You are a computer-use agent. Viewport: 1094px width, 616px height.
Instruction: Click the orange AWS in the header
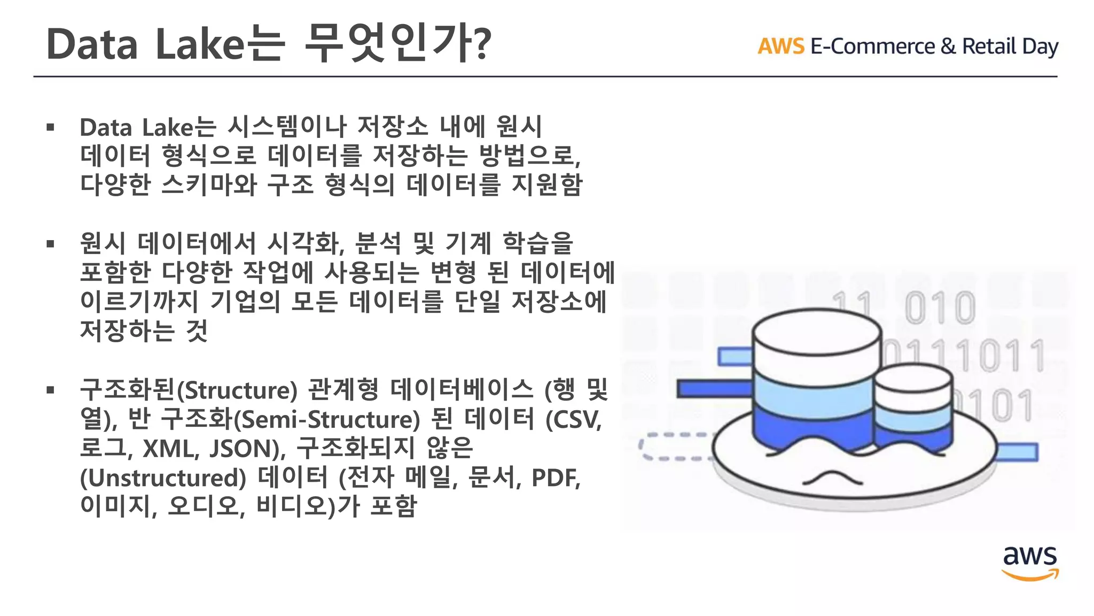pyautogui.click(x=780, y=47)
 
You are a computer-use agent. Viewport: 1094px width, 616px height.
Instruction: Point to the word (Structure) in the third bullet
pyautogui.click(x=237, y=391)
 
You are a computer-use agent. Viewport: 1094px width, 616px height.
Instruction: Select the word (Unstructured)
pyautogui.click(x=163, y=478)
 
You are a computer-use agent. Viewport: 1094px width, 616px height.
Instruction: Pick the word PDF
pyautogui.click(x=555, y=478)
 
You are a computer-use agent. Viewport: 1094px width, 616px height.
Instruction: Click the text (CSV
pyautogui.click(x=573, y=420)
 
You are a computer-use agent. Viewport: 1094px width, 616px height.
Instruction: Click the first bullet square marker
pyautogui.click(x=51, y=127)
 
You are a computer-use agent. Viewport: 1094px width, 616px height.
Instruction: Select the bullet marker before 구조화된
pyautogui.click(x=51, y=390)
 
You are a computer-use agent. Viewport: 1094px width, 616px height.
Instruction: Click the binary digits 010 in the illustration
pyautogui.click(x=940, y=308)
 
